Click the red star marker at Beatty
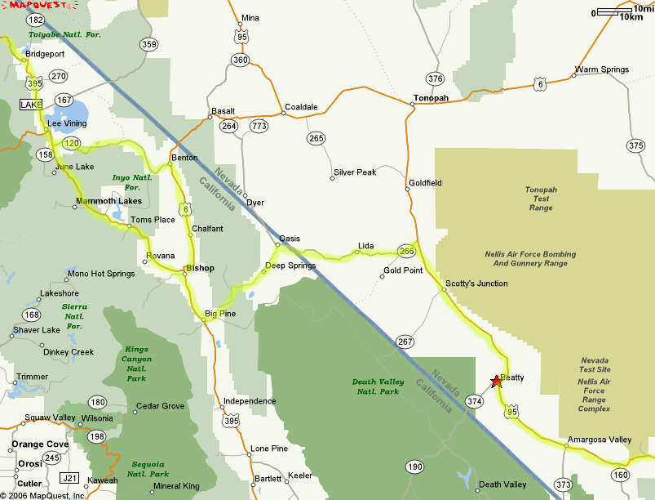coord(496,382)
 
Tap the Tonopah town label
coord(431,98)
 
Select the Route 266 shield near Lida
coord(406,251)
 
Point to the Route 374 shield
coord(475,401)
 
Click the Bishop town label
coord(200,268)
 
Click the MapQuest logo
coord(32,7)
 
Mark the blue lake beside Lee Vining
coord(71,112)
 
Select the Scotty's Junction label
coord(476,283)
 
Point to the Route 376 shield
coord(435,78)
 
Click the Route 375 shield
coord(636,145)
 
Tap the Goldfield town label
coord(425,183)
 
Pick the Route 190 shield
coord(414,467)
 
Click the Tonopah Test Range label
coord(541,199)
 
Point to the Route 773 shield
coord(259,126)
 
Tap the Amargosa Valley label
coord(600,440)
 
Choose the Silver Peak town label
coord(355,172)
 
